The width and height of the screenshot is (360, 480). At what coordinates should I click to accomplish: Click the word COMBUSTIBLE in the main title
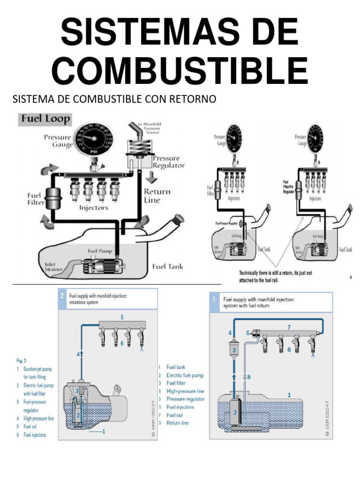click(x=180, y=70)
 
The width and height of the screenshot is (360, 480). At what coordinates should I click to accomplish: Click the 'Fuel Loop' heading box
click(x=45, y=119)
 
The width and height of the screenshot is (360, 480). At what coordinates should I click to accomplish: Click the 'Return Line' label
click(x=157, y=196)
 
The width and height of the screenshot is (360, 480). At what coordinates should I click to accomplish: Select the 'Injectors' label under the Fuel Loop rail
click(x=94, y=207)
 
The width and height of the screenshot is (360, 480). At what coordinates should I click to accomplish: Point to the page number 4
click(x=350, y=277)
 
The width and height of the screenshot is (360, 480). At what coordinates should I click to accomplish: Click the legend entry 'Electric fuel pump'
click(x=185, y=375)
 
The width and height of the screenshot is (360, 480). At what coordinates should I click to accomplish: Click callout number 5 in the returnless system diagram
click(x=122, y=317)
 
